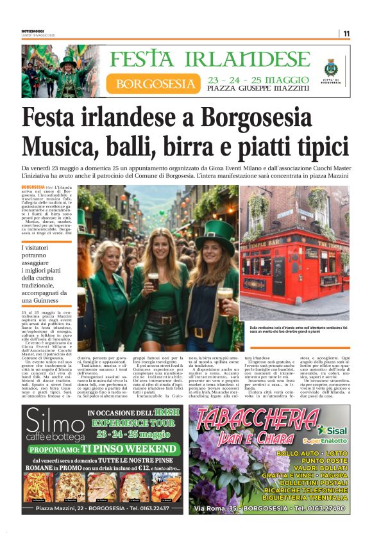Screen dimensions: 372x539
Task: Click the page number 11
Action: click(346, 33)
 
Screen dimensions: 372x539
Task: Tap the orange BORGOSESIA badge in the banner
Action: click(156, 83)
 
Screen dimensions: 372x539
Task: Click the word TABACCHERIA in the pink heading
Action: click(257, 421)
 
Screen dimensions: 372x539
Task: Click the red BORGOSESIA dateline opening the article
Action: click(33, 186)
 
